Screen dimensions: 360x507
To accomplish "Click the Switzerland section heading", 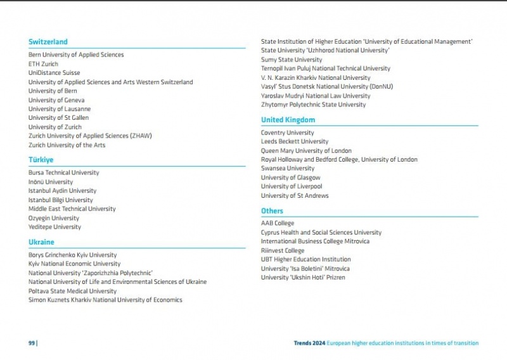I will pyautogui.click(x=48, y=42).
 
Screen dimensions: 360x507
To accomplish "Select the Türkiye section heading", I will pyautogui.click(x=41, y=160).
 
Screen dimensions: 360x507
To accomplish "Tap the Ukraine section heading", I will pyautogui.click(x=41, y=242).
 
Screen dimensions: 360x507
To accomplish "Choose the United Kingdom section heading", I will pyautogui.click(x=288, y=120).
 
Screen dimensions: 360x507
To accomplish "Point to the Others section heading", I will pyautogui.click(x=273, y=211).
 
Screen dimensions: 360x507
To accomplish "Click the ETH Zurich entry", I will pyautogui.click(x=43, y=64).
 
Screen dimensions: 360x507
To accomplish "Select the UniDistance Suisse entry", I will pyautogui.click(x=54, y=73).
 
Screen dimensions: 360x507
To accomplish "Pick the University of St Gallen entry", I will pyautogui.click(x=58, y=118).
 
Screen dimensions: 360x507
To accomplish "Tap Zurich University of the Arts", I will pyautogui.click(x=67, y=145).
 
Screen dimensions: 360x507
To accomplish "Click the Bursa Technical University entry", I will pyautogui.click(x=63, y=172).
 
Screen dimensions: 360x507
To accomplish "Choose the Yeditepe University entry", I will pyautogui.click(x=55, y=227).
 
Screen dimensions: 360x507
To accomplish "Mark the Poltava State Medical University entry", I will pyautogui.click(x=72, y=291).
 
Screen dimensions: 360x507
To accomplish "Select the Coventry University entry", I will pyautogui.click(x=287, y=132).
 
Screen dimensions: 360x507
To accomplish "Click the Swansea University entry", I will pyautogui.click(x=287, y=169).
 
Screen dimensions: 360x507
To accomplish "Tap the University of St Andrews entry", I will pyautogui.click(x=295, y=196).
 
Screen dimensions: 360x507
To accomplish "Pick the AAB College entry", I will pyautogui.click(x=278, y=223).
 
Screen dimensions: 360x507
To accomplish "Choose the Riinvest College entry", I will pyautogui.click(x=283, y=250).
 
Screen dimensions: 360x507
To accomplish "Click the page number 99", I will pyautogui.click(x=32, y=343).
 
